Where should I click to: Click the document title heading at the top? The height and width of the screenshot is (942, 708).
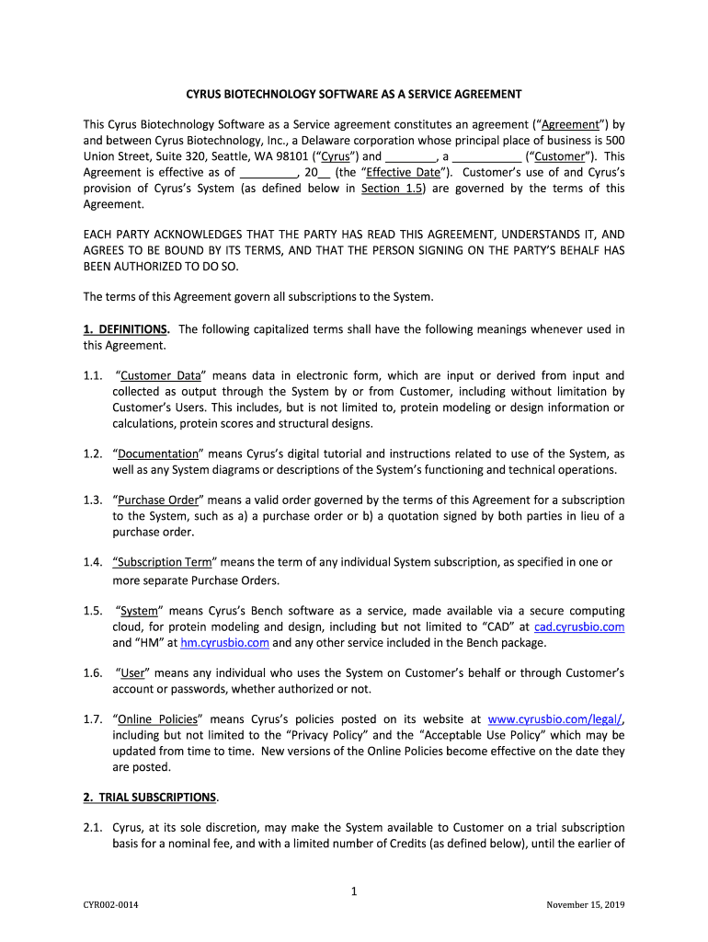354,94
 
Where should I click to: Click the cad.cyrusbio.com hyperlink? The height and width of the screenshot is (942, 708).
579,626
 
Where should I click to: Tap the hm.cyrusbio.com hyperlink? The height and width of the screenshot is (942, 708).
224,643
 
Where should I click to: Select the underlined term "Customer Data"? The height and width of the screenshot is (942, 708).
160,374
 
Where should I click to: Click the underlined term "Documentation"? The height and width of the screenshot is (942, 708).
157,454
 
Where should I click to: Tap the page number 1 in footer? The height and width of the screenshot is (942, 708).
354,890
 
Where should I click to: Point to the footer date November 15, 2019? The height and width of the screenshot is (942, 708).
585,905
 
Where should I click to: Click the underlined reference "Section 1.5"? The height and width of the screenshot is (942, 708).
393,188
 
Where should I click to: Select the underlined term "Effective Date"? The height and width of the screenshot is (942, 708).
403,172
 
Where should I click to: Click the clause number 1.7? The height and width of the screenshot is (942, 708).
93,718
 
